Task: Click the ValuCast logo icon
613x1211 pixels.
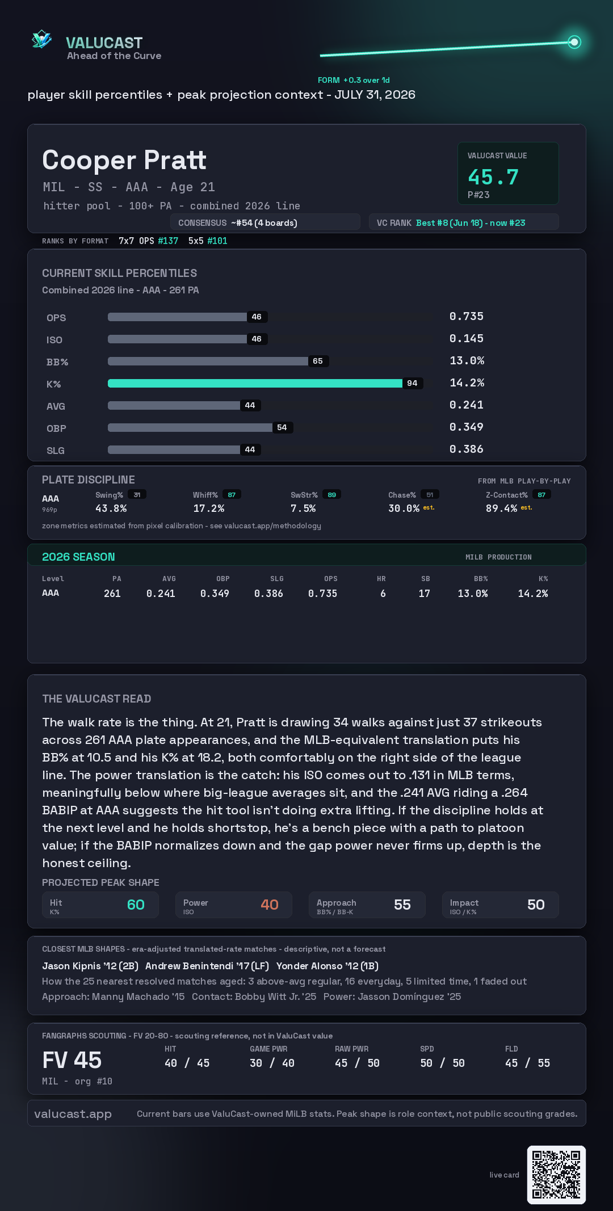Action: [x=41, y=39]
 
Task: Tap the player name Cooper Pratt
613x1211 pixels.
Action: [x=124, y=160]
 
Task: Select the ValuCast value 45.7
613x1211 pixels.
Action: [x=493, y=177]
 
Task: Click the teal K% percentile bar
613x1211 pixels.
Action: [x=255, y=383]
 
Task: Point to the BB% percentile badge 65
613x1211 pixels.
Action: [x=318, y=361]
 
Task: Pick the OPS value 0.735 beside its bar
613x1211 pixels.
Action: [x=467, y=316]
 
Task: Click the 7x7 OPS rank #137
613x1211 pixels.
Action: [x=168, y=241]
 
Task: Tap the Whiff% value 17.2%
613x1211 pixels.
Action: [x=209, y=508]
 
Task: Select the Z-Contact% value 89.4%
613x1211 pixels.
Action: [x=501, y=508]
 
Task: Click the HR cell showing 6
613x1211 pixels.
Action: [x=383, y=594]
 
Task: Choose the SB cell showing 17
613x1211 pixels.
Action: [x=425, y=594]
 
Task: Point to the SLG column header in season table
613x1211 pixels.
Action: [x=277, y=579]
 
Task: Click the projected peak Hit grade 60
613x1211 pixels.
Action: [x=136, y=905]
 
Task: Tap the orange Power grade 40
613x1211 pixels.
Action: [x=270, y=905]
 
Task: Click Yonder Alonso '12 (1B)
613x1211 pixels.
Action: [x=328, y=966]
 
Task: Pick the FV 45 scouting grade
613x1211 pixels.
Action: [x=72, y=1060]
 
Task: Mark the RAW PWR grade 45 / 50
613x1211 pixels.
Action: [x=357, y=1063]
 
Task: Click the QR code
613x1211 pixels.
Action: [x=556, y=1175]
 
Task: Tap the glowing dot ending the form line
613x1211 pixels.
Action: [x=574, y=42]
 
